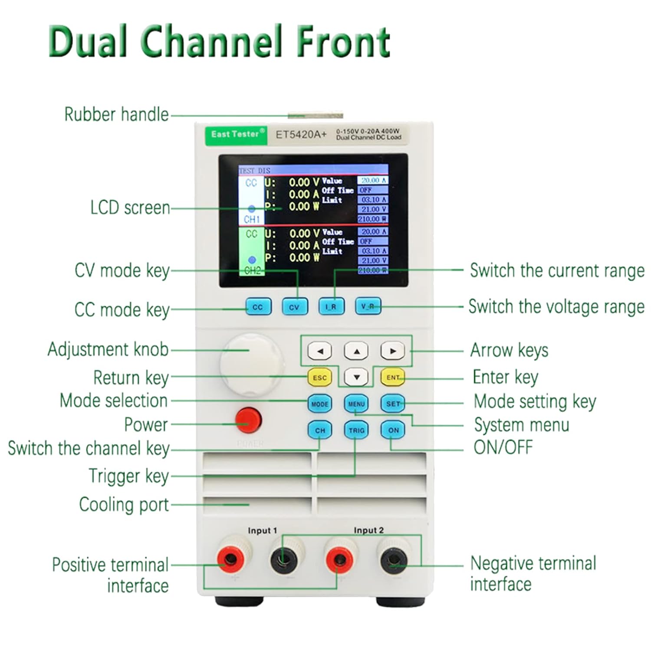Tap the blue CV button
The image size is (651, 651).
click(x=294, y=307)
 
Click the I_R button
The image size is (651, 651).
click(x=331, y=306)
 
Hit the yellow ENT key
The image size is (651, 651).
click(x=393, y=377)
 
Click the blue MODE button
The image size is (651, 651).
click(x=320, y=404)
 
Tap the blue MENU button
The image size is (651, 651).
click(x=356, y=404)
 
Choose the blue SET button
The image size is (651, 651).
click(x=393, y=404)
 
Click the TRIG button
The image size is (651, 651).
click(x=356, y=430)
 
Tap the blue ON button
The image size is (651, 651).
click(x=393, y=430)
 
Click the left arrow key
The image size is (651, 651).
click(x=320, y=351)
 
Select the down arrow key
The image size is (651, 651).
click(x=356, y=377)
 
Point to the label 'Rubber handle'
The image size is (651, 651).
click(x=116, y=115)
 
